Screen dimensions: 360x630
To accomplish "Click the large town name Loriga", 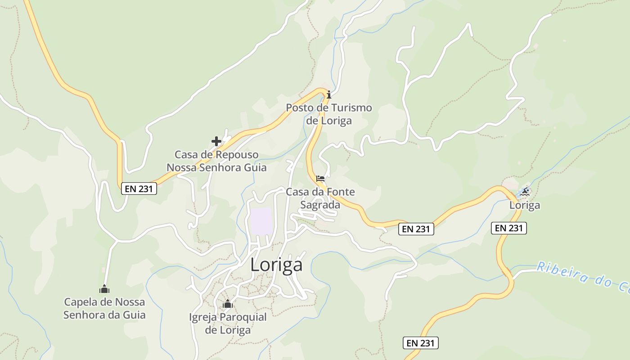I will (276, 265).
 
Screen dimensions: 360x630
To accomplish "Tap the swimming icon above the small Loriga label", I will (524, 192).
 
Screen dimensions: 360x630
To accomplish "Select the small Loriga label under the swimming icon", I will (524, 206).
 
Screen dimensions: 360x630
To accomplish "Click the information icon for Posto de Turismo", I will (329, 94).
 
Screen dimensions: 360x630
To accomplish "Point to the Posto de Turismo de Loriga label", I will (329, 114).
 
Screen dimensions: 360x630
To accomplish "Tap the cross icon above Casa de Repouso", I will (216, 141).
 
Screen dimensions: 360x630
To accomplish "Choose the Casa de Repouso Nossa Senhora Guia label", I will (216, 161).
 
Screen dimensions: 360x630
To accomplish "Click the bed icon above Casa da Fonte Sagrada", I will (320, 179).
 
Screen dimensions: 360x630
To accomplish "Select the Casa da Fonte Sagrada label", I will (320, 198).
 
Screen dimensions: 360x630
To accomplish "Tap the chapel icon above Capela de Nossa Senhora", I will (104, 289).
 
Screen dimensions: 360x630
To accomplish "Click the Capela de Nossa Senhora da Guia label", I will (104, 308).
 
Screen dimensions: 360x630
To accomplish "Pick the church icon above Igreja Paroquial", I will (228, 304).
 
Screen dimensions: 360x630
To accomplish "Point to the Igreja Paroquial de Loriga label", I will (228, 324).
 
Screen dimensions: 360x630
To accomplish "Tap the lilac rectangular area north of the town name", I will (261, 221).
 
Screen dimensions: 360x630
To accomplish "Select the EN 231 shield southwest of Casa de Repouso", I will (139, 189).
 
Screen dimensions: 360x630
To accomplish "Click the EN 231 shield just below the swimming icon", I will (508, 228).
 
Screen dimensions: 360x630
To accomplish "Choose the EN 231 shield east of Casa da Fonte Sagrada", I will (416, 229).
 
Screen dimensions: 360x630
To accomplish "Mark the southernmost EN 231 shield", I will (420, 343).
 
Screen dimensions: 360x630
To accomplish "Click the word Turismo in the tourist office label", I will (351, 108).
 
